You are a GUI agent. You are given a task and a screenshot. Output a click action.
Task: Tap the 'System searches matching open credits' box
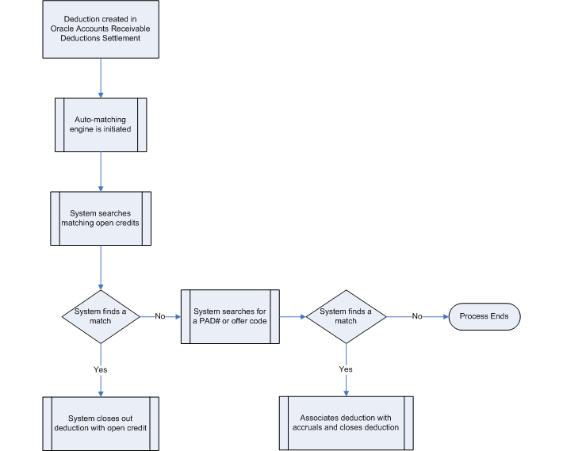click(x=101, y=218)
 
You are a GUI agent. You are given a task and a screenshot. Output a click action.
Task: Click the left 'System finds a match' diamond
click(x=101, y=316)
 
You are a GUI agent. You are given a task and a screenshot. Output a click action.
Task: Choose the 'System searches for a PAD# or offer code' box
click(x=231, y=316)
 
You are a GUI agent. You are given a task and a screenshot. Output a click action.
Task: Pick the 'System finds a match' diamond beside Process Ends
click(x=346, y=316)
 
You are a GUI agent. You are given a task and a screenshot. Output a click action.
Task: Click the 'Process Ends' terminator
click(x=484, y=316)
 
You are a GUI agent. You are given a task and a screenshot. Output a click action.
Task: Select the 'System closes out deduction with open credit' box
click(x=101, y=423)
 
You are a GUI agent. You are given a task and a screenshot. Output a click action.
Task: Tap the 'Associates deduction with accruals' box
click(x=345, y=423)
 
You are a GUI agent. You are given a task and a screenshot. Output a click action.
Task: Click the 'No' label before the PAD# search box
click(x=160, y=316)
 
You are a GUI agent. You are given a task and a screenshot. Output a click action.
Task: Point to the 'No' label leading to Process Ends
click(x=416, y=316)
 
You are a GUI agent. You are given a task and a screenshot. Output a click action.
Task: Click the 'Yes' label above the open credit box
click(x=101, y=369)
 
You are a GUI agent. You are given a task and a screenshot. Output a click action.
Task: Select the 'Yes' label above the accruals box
click(x=346, y=369)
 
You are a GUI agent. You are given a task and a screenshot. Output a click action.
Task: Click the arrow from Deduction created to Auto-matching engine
click(x=101, y=77)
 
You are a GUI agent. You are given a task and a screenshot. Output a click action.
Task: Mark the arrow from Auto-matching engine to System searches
click(x=101, y=170)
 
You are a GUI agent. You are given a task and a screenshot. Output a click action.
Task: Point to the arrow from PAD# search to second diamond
click(x=293, y=316)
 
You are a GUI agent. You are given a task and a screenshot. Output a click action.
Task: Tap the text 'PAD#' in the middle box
click(x=205, y=321)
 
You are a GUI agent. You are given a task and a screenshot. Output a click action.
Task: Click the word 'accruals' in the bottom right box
click(x=312, y=428)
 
